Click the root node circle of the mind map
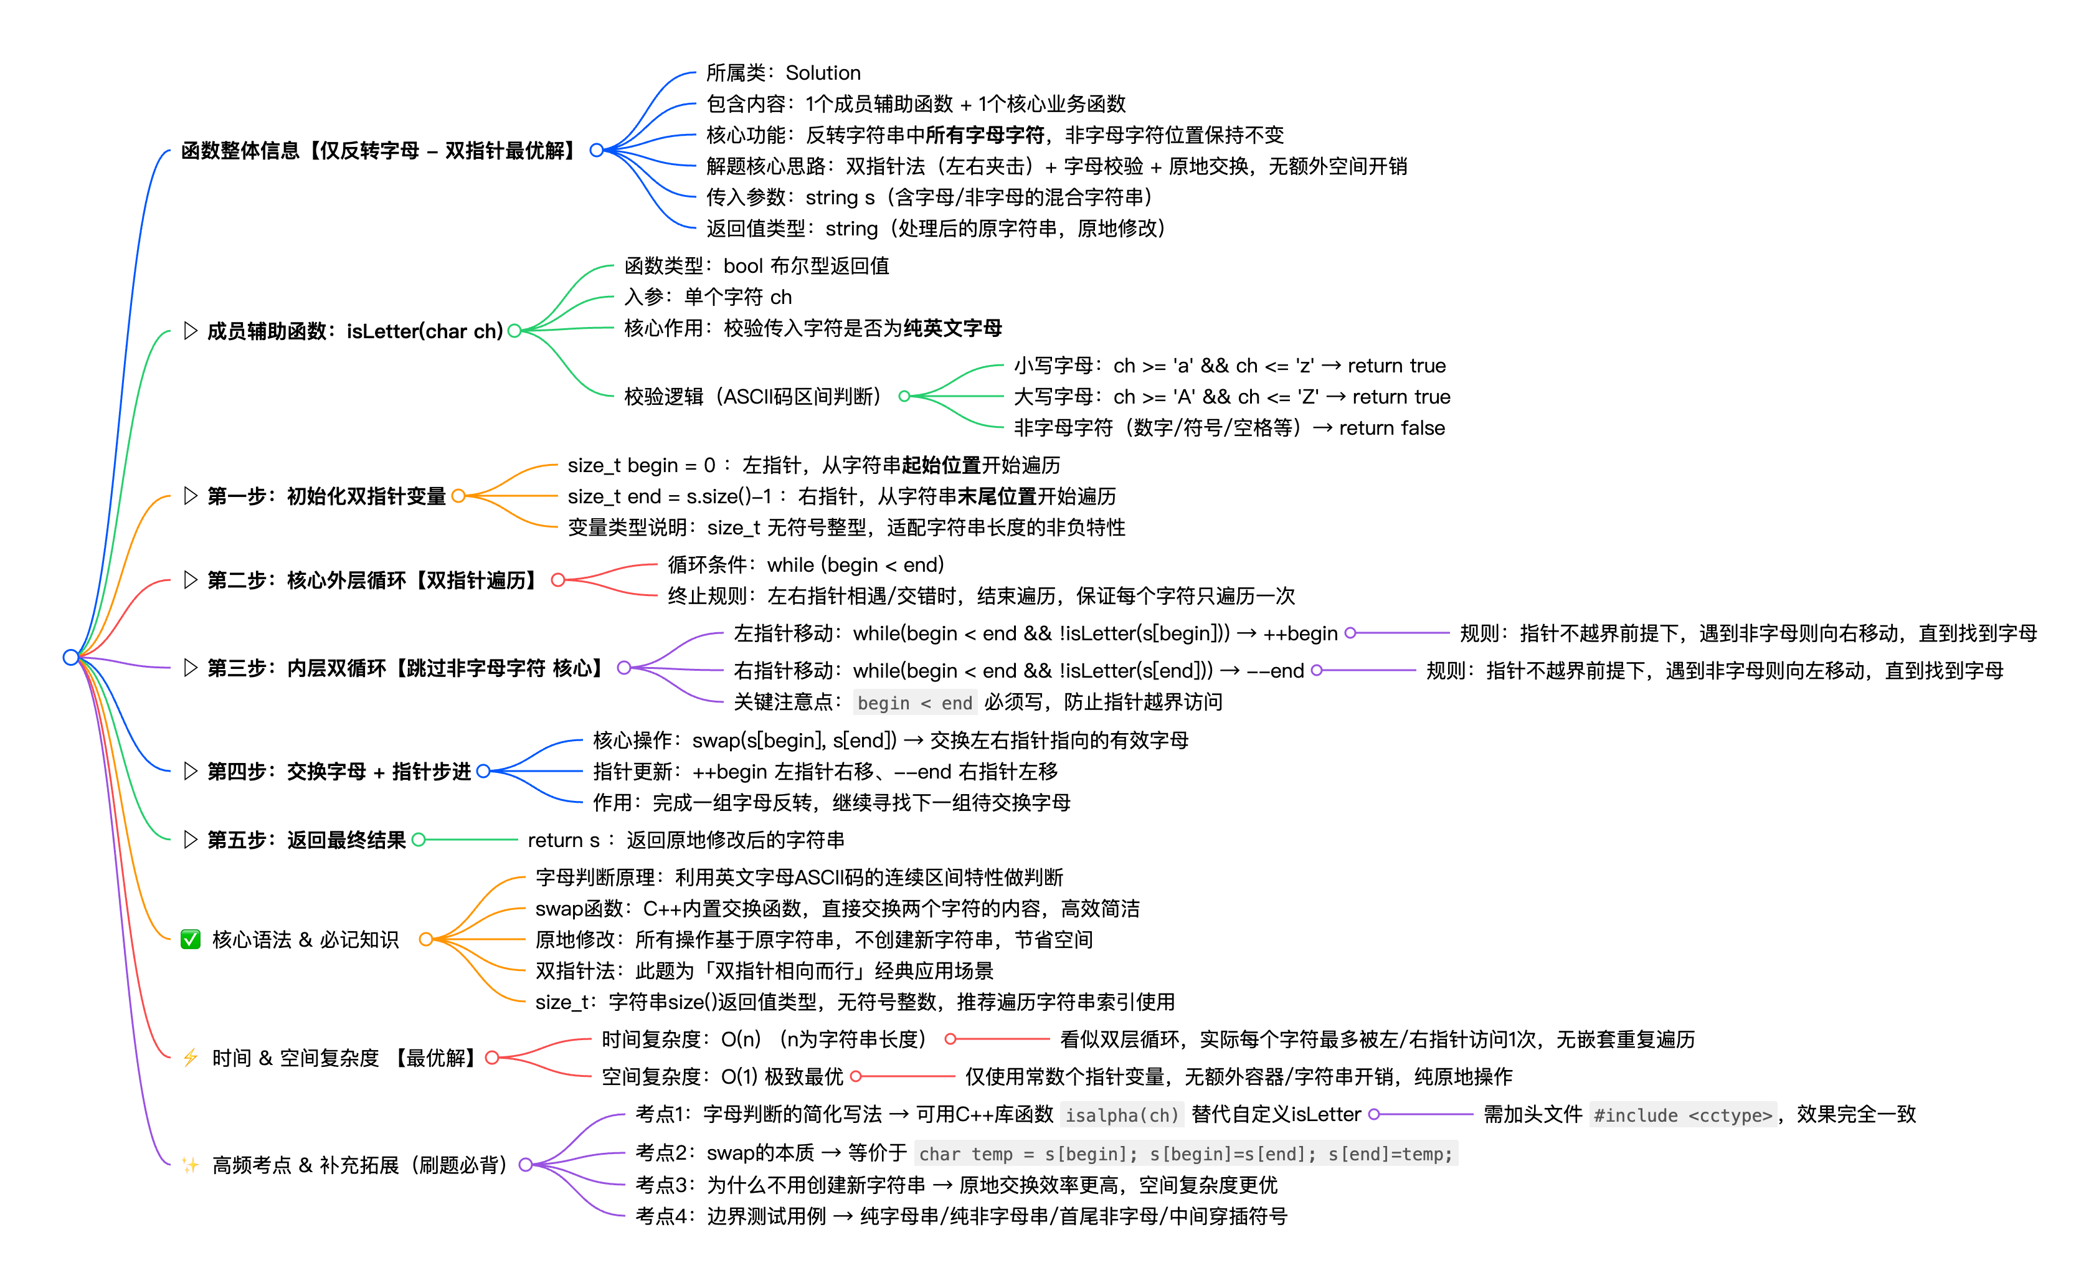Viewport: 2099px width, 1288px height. coord(71,657)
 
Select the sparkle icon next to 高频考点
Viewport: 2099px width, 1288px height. coord(190,1165)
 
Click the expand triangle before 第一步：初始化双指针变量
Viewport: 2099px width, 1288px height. coord(190,496)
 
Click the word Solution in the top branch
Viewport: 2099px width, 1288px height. coord(823,73)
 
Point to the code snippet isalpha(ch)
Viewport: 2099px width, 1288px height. coord(1122,1115)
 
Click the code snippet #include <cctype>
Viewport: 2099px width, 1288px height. coord(1682,1115)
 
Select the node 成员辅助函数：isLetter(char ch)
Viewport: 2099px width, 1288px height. coord(354,331)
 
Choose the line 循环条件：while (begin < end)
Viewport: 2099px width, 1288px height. coord(805,565)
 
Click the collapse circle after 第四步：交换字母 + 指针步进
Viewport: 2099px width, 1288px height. coord(483,771)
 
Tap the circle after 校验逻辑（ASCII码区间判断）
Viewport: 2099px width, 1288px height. coord(904,396)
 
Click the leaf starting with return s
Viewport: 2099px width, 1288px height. coord(686,840)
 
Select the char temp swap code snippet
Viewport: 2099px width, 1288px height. coord(1185,1154)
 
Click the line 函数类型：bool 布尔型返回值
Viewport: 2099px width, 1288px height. coord(757,266)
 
